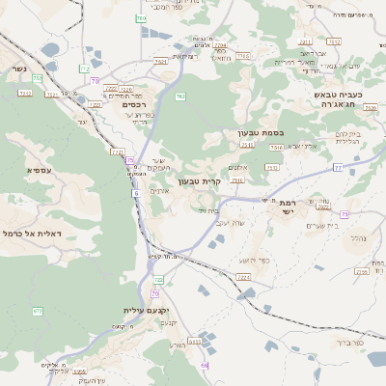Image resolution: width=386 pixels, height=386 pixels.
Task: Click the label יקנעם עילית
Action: coord(143,310)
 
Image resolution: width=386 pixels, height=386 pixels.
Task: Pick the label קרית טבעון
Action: coord(200,180)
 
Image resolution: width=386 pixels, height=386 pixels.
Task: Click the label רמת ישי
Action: coord(287,208)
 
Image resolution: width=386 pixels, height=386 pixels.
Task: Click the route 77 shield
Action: coord(338,167)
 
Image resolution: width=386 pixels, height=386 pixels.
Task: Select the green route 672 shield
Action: coord(38,311)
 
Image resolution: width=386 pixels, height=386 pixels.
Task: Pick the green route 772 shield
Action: coord(85,69)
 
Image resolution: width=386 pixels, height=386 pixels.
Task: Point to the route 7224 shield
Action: coord(243,277)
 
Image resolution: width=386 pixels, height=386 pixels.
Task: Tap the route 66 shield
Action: coord(205,366)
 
